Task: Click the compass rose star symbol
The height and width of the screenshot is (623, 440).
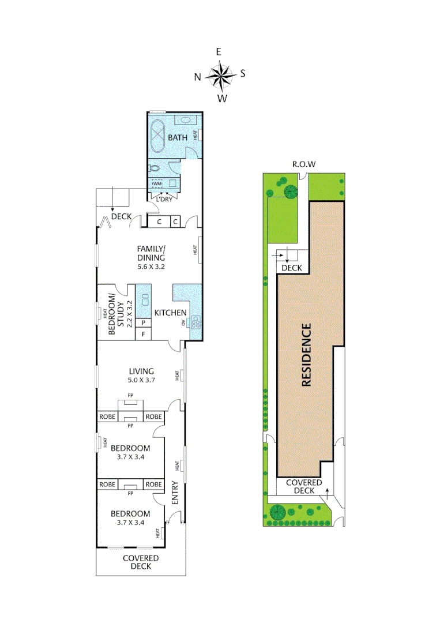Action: tap(220, 75)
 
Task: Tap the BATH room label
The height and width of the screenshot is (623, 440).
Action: tap(178, 138)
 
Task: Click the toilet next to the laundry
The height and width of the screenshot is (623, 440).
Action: tap(153, 168)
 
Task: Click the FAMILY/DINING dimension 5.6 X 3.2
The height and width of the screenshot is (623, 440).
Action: tap(151, 267)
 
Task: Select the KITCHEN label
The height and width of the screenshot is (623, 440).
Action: tap(170, 313)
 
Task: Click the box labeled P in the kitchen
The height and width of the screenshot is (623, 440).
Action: tap(144, 323)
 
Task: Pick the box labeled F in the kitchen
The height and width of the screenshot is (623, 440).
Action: tap(144, 334)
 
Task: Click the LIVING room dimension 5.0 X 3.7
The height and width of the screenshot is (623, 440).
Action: tap(142, 380)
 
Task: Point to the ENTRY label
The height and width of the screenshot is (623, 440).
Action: tap(175, 494)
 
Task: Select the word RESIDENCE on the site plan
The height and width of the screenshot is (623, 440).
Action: tap(306, 355)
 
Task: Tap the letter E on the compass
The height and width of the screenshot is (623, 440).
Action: tap(219, 52)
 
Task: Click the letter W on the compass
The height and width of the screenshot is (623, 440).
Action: tap(222, 99)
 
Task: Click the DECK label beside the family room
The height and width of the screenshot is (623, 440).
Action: tap(121, 216)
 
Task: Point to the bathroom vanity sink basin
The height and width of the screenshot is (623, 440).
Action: tap(185, 121)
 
